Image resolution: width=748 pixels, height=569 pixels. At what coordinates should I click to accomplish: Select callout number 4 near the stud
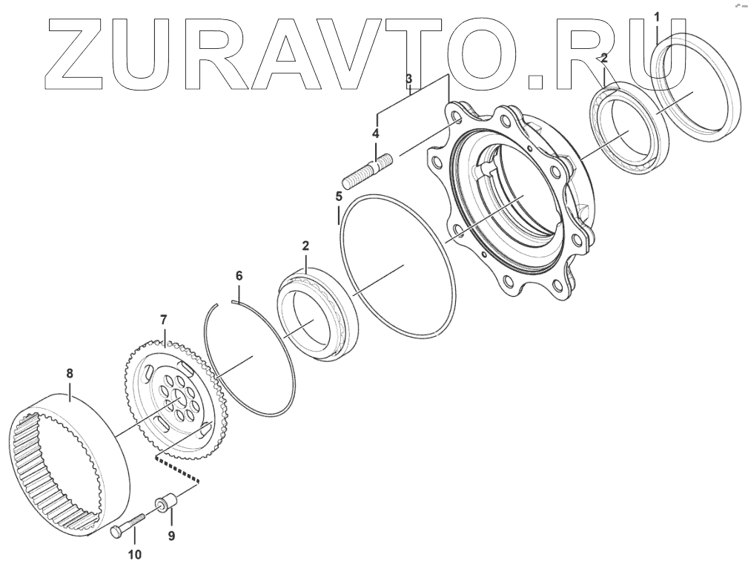click(375, 134)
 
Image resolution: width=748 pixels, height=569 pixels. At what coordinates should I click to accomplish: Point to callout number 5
click(338, 197)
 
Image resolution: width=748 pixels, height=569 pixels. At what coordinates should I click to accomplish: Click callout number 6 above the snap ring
click(239, 275)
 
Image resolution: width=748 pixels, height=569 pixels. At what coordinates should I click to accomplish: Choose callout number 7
click(164, 320)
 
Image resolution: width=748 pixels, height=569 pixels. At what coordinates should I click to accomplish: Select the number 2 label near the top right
click(605, 57)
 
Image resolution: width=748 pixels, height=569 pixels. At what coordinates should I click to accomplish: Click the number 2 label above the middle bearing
click(305, 244)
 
